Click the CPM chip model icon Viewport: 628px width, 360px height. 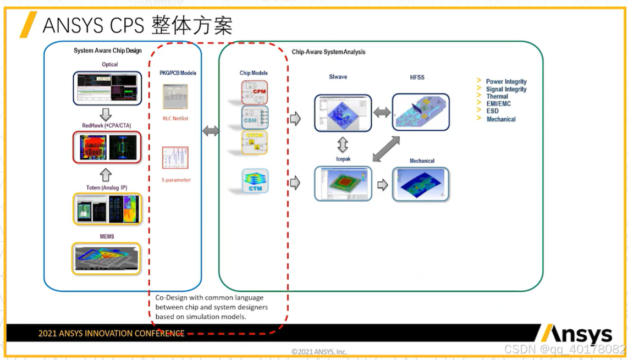[x=255, y=92]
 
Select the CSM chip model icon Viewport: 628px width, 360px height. [x=255, y=118]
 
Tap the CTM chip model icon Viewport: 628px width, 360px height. [x=255, y=181]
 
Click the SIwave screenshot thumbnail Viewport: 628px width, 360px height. [x=343, y=113]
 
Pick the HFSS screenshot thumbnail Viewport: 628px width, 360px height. [x=421, y=112]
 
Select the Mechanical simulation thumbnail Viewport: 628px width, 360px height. [x=421, y=184]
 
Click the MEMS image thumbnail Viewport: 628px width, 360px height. [x=107, y=258]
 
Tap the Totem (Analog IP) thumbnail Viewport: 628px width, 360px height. [x=107, y=209]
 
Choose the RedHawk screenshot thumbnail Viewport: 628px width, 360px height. [x=107, y=147]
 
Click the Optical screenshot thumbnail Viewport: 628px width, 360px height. [x=107, y=87]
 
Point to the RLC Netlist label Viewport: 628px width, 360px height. [x=175, y=118]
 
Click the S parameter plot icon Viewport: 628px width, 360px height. [x=175, y=158]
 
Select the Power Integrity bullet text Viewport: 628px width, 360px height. [x=506, y=82]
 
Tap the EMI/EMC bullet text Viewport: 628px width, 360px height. [x=498, y=103]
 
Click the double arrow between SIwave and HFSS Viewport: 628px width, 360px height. [x=382, y=113]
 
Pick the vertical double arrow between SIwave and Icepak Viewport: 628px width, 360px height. [x=343, y=145]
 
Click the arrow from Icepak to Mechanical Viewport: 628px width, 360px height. [x=382, y=185]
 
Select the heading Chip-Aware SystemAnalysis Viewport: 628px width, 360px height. [x=328, y=52]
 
